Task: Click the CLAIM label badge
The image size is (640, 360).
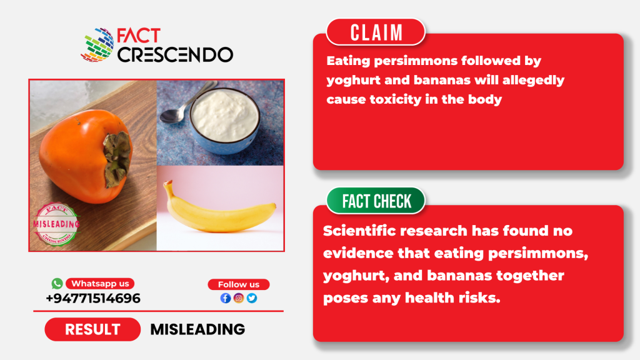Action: tap(376, 32)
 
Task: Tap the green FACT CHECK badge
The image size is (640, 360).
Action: tap(376, 201)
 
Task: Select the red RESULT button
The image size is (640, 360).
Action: tap(92, 329)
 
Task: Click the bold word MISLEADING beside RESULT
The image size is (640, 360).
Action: tap(197, 329)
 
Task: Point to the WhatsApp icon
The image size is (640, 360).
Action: tap(57, 283)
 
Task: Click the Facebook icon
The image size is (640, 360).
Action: tap(225, 298)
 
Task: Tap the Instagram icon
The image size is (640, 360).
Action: tap(239, 298)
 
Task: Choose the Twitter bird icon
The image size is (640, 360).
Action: tap(252, 298)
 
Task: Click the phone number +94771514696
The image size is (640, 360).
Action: tap(93, 298)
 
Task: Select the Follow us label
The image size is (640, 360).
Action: tap(239, 284)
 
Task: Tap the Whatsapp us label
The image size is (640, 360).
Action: tap(100, 283)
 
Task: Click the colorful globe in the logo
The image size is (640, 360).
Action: tap(97, 45)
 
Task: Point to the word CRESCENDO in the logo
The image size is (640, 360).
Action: tap(176, 54)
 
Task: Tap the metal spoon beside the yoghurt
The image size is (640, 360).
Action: tap(186, 104)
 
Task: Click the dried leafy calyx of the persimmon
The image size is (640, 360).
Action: tap(117, 159)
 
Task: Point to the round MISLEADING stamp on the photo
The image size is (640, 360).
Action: tap(56, 224)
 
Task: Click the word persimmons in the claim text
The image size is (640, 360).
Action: tap(416, 61)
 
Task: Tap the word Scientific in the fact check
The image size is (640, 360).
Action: tap(359, 231)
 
